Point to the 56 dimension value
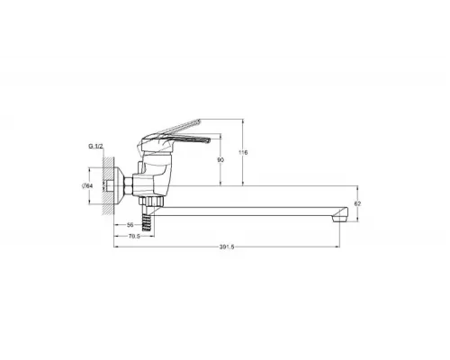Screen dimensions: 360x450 coord(130,224)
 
